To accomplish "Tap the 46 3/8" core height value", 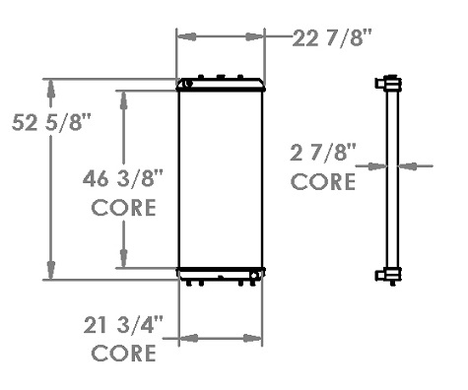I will (123, 179).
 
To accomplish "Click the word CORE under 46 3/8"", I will (123, 208).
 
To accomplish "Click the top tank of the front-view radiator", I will (220, 86).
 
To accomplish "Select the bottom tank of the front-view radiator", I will (220, 274).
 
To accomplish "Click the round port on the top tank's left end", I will (182, 86).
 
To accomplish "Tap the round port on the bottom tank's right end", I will (255, 274).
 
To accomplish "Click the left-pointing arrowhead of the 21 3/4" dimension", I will (186, 339).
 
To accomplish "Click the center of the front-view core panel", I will (220, 179).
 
